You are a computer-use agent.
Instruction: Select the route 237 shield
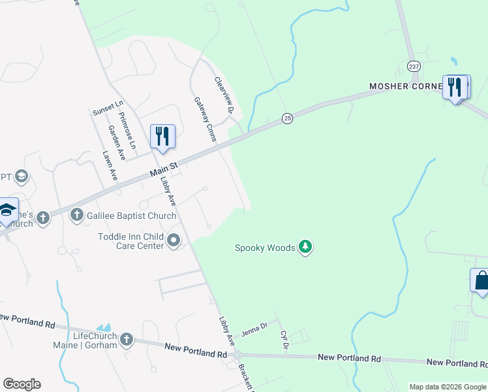pos(414,67)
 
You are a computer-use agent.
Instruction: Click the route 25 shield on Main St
pos(287,118)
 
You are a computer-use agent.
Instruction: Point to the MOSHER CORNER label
pos(406,86)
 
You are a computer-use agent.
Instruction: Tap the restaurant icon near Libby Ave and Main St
pos(162,136)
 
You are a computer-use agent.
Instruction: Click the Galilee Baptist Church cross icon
pos(76,214)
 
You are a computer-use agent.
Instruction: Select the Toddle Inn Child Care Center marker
pos(174,240)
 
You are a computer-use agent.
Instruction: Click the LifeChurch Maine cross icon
pos(127,339)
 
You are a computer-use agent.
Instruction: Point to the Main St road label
pos(164,169)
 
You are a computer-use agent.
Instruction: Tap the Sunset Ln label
pos(108,108)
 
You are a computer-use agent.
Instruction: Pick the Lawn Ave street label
pos(110,166)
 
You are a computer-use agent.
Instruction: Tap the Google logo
pos(22,384)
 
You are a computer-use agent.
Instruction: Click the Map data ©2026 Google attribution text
pos(447,387)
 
